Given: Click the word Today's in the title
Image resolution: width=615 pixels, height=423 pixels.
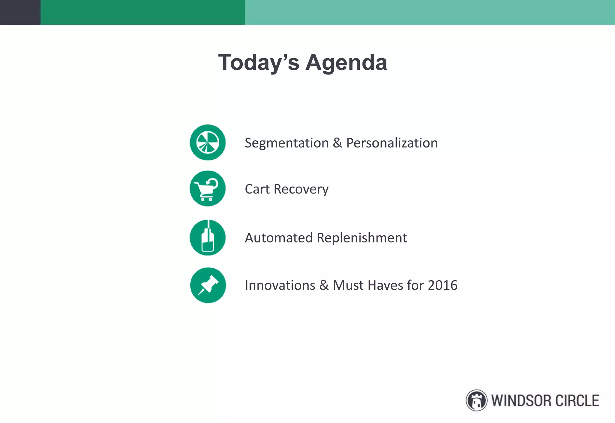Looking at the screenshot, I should (x=259, y=62).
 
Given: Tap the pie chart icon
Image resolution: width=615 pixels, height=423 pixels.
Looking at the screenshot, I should (x=208, y=142).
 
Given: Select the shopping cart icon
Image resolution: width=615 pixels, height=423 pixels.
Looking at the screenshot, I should (x=208, y=188).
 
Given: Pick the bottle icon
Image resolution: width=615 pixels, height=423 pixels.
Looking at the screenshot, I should (x=208, y=238).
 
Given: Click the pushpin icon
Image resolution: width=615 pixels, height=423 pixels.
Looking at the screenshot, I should (x=208, y=285).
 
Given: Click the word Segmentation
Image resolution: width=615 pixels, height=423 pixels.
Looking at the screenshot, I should (x=286, y=143).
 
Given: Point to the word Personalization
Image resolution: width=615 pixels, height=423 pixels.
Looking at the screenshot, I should (x=392, y=143).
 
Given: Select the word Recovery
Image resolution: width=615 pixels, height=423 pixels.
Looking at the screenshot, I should (x=301, y=189).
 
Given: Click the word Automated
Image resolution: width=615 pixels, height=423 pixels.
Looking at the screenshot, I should (x=279, y=238).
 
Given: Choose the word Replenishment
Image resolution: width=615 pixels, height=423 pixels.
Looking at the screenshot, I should (x=362, y=238).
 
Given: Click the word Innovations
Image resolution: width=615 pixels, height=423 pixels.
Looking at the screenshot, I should (x=280, y=285).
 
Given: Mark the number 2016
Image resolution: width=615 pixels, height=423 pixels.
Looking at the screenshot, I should (x=443, y=285).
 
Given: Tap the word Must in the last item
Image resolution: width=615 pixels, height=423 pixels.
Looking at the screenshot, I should (x=348, y=285).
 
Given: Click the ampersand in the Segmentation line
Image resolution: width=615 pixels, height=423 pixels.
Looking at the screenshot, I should (x=337, y=143).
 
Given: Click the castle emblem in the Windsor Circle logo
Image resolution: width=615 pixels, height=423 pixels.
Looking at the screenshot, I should (x=476, y=400).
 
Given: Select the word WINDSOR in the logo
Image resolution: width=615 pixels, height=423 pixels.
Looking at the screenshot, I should (x=521, y=401).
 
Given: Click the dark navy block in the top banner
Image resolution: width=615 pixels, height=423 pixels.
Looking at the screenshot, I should (x=20, y=12).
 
